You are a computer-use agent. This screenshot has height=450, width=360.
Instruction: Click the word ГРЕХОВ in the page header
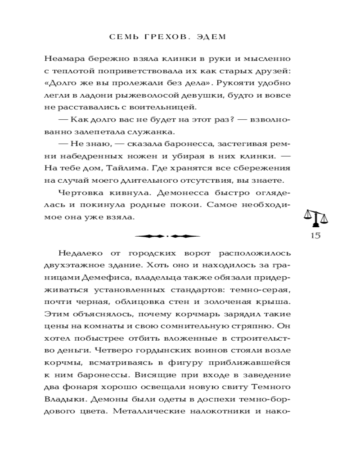pos(158,37)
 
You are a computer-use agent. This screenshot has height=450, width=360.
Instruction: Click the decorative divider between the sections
pos(167,236)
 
